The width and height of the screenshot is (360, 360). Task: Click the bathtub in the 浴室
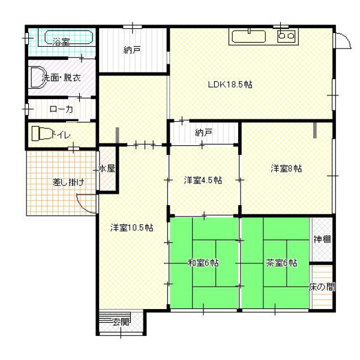pyautogui.click(x=69, y=37)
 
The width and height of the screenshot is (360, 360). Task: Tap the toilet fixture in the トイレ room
pyautogui.click(x=41, y=133)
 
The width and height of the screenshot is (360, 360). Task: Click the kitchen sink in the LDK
pyautogui.click(x=248, y=36)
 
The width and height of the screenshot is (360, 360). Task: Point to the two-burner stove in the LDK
pyautogui.click(x=286, y=36)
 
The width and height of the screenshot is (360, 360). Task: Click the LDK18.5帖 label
pyautogui.click(x=230, y=85)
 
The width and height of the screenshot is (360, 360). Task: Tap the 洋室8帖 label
pyautogui.click(x=286, y=169)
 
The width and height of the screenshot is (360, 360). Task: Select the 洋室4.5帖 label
pyautogui.click(x=203, y=180)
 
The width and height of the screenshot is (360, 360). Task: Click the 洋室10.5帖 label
pyautogui.click(x=132, y=227)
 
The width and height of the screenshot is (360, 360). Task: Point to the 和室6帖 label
pyautogui.click(x=203, y=263)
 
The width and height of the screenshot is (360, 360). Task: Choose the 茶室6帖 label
pyautogui.click(x=281, y=263)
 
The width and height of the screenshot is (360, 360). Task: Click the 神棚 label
pyautogui.click(x=322, y=239)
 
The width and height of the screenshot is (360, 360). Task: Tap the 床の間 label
pyautogui.click(x=322, y=287)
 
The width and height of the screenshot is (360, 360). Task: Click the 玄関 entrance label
pyautogui.click(x=121, y=323)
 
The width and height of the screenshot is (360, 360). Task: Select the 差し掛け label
pyautogui.click(x=68, y=182)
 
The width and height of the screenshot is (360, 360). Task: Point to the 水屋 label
pyautogui.click(x=107, y=169)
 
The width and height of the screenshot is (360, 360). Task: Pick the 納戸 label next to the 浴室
pyautogui.click(x=132, y=50)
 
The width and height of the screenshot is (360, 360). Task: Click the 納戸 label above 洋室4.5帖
pyautogui.click(x=203, y=133)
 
